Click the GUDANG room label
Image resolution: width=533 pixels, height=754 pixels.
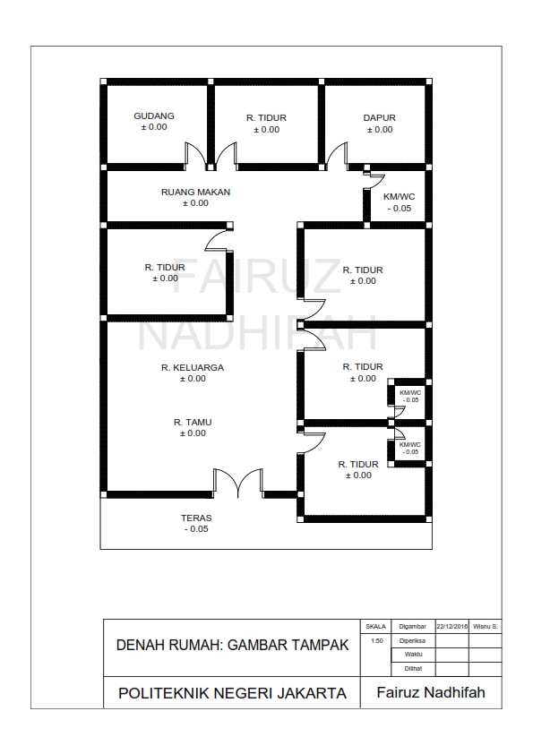click(x=154, y=116)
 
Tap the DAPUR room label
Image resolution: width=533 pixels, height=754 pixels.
click(x=380, y=118)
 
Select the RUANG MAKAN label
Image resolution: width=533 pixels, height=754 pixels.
click(x=196, y=192)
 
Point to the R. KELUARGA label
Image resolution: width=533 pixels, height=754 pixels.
click(x=193, y=367)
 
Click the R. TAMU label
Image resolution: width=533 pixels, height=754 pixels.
click(x=193, y=422)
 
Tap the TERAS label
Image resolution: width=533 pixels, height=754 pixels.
click(x=196, y=518)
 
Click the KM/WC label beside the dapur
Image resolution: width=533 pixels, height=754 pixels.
click(x=399, y=197)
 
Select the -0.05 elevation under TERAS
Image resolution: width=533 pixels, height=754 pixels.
click(x=196, y=529)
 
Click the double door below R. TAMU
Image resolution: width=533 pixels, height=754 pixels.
click(x=238, y=483)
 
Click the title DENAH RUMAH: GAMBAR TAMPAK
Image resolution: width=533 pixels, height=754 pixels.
click(x=232, y=645)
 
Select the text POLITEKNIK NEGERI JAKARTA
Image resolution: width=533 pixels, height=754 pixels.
click(x=232, y=693)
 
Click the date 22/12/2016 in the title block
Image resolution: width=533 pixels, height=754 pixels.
click(x=451, y=627)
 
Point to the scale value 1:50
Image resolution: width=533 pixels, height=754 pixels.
click(x=376, y=641)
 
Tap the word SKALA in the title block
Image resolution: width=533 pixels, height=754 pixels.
click(x=375, y=627)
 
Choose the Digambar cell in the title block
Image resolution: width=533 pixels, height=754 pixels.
click(x=413, y=627)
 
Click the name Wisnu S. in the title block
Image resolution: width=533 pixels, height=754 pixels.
click(x=486, y=627)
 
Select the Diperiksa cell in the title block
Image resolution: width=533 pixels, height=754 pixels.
click(x=413, y=640)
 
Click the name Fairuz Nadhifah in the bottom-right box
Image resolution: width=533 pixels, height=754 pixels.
click(x=431, y=692)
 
